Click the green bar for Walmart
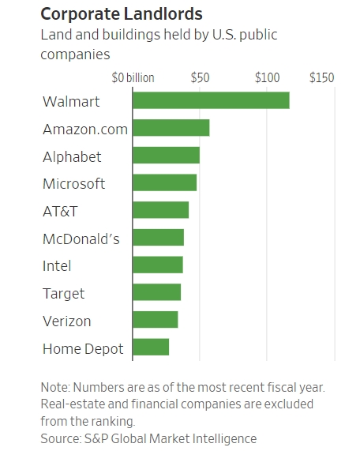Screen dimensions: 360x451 (211, 100)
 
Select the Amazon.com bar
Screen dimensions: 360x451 (171, 128)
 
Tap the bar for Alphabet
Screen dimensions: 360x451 (167, 156)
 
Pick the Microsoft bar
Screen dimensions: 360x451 (165, 182)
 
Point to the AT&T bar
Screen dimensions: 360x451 (161, 210)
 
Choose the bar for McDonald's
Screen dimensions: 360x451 (159, 238)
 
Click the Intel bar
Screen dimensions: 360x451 (158, 265)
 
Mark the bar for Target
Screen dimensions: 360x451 (157, 292)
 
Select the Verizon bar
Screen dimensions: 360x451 (156, 320)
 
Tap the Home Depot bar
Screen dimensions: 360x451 (151, 348)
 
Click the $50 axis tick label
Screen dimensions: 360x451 (200, 77)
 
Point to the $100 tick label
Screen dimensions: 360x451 (267, 77)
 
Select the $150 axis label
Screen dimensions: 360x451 (322, 77)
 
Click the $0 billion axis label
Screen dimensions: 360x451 (133, 78)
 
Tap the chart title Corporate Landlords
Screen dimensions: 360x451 (122, 13)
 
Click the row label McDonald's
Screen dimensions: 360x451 (81, 239)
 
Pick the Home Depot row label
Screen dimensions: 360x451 (83, 349)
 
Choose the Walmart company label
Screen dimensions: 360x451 (71, 102)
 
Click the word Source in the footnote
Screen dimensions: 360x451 (60, 439)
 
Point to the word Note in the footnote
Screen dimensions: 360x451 (55, 388)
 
